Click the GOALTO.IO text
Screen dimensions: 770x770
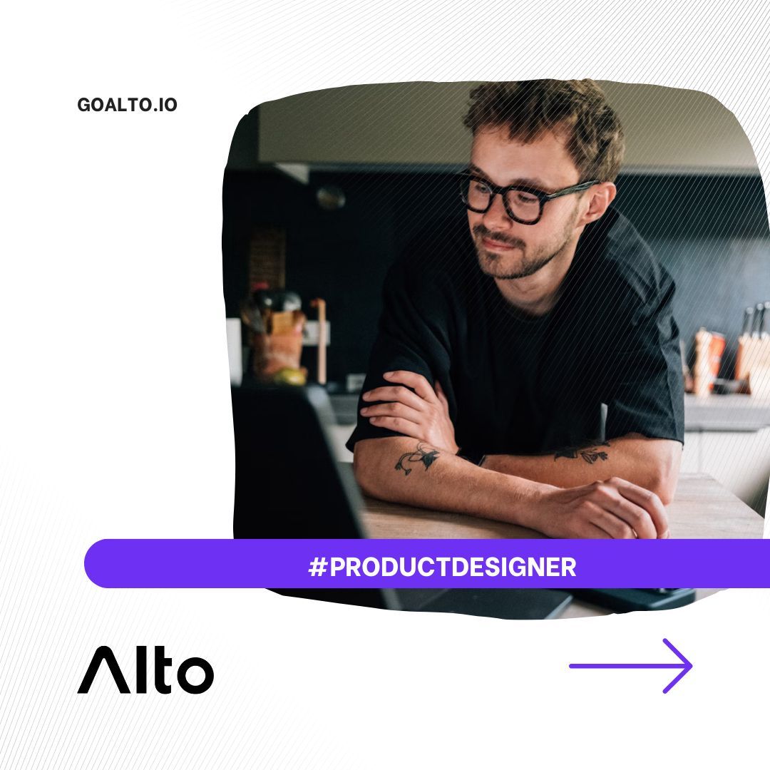[x=127, y=106]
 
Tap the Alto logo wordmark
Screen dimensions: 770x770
[x=145, y=670]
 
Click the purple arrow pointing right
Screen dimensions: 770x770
[x=631, y=666]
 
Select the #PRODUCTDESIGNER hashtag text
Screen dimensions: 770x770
[x=442, y=568]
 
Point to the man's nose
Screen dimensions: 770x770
[x=492, y=217]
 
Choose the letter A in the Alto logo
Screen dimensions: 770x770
[x=104, y=670]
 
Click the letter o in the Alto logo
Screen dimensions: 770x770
[x=193, y=674]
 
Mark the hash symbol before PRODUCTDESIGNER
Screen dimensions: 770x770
[x=317, y=568]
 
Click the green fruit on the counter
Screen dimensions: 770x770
[x=291, y=377]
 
